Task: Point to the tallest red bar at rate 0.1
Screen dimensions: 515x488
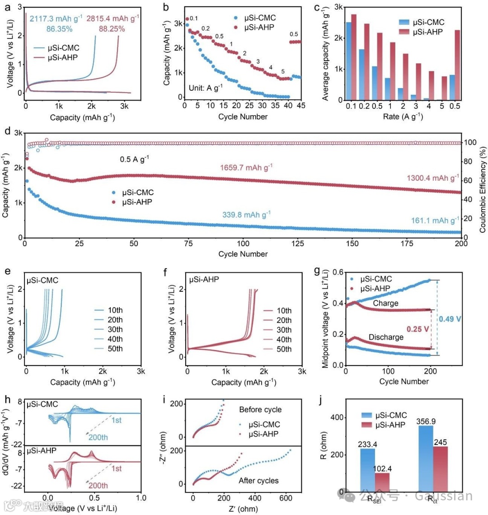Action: click(353, 57)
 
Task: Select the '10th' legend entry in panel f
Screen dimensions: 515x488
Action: click(283, 311)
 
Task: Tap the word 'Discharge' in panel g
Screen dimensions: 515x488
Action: click(385, 337)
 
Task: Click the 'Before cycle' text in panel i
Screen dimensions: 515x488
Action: click(260, 410)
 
